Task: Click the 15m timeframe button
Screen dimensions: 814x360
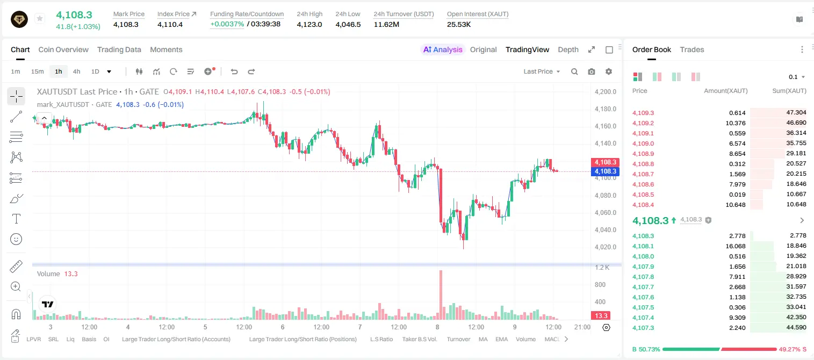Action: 38,71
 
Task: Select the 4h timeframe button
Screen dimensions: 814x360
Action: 76,71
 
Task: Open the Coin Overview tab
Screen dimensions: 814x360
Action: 63,49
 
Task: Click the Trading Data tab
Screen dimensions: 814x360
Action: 119,49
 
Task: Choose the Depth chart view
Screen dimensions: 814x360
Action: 568,49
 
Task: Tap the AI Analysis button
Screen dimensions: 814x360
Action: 443,49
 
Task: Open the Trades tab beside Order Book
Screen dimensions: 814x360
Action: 692,49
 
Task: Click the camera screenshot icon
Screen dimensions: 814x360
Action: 592,71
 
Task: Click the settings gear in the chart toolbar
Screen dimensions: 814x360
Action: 609,71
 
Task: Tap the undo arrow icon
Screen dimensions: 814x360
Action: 234,71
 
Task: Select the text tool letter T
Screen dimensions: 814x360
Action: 16,219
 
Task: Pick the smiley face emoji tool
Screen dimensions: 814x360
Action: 16,239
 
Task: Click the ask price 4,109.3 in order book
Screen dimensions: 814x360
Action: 643,113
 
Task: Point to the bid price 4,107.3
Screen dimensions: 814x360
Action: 643,328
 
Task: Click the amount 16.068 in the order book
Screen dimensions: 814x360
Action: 736,246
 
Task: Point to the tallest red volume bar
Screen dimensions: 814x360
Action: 441,294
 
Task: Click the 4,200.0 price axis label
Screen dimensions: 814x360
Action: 606,91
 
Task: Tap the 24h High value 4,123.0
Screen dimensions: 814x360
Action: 309,24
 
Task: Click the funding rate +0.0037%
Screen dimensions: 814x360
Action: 227,24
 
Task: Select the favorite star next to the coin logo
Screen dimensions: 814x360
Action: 40,18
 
